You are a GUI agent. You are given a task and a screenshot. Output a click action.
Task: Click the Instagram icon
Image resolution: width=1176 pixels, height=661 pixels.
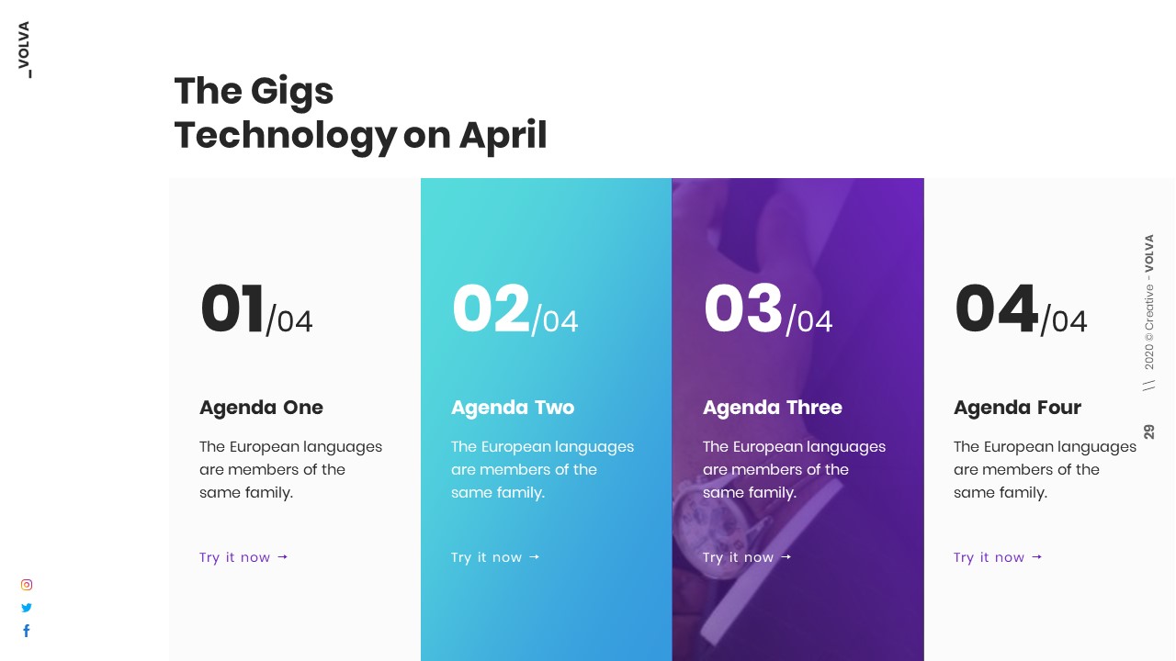27,585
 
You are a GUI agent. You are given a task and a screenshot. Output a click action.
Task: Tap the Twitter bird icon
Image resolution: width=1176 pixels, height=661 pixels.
27,608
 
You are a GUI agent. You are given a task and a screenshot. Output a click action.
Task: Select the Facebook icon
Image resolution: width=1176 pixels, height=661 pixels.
27,631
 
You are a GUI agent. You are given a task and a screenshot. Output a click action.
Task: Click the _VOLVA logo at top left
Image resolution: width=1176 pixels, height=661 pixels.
24,50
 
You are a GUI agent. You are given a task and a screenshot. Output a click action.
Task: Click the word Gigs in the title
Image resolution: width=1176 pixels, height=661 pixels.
291,91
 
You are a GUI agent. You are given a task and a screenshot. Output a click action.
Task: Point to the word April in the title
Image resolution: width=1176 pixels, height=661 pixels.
503,135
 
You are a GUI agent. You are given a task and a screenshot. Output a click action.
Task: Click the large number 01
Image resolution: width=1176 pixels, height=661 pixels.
232,308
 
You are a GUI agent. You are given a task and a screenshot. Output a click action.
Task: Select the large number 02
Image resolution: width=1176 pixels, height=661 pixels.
491,308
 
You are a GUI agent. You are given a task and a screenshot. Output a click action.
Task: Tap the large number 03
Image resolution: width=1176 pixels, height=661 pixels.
742,308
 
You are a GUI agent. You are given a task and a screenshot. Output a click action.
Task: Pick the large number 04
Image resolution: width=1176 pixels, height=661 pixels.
995,308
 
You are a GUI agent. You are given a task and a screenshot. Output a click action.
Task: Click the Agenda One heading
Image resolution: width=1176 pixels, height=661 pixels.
261,408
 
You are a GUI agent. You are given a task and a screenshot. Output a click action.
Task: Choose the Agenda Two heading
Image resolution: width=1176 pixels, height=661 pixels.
513,408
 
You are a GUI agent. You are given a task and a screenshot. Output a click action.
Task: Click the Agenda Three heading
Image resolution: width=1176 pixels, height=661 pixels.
772,408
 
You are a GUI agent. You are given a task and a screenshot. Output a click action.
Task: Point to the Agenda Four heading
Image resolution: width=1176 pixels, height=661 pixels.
1017,408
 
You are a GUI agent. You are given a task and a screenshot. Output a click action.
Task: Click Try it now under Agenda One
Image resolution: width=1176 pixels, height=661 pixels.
235,557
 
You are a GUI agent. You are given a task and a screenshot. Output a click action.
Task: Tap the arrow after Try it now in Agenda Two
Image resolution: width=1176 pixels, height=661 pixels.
534,556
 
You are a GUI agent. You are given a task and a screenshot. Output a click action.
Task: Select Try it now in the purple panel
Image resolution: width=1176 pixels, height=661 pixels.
738,557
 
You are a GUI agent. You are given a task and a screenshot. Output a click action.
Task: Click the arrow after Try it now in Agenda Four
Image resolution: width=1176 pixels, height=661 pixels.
1036,556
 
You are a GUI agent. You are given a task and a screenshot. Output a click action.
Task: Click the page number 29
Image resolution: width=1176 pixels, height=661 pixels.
1149,431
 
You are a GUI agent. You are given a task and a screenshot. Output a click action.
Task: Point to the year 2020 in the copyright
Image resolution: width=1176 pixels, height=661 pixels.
1149,356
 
